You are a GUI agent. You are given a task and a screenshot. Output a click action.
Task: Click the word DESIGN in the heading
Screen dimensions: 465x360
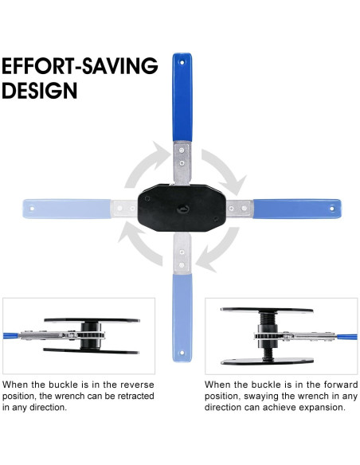pos(40,90)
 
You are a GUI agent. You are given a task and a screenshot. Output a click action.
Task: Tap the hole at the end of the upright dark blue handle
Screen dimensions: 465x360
pos(182,61)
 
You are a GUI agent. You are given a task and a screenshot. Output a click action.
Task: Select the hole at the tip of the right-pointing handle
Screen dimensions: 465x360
pos(332,209)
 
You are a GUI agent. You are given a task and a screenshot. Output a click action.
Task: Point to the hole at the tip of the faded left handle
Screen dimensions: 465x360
pos(33,209)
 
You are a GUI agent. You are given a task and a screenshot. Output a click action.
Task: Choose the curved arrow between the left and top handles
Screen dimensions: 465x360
pos(139,166)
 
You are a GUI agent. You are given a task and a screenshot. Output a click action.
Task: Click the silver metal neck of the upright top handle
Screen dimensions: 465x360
pos(183,163)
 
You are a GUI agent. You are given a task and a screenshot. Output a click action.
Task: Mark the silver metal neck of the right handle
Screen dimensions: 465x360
pos(238,209)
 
